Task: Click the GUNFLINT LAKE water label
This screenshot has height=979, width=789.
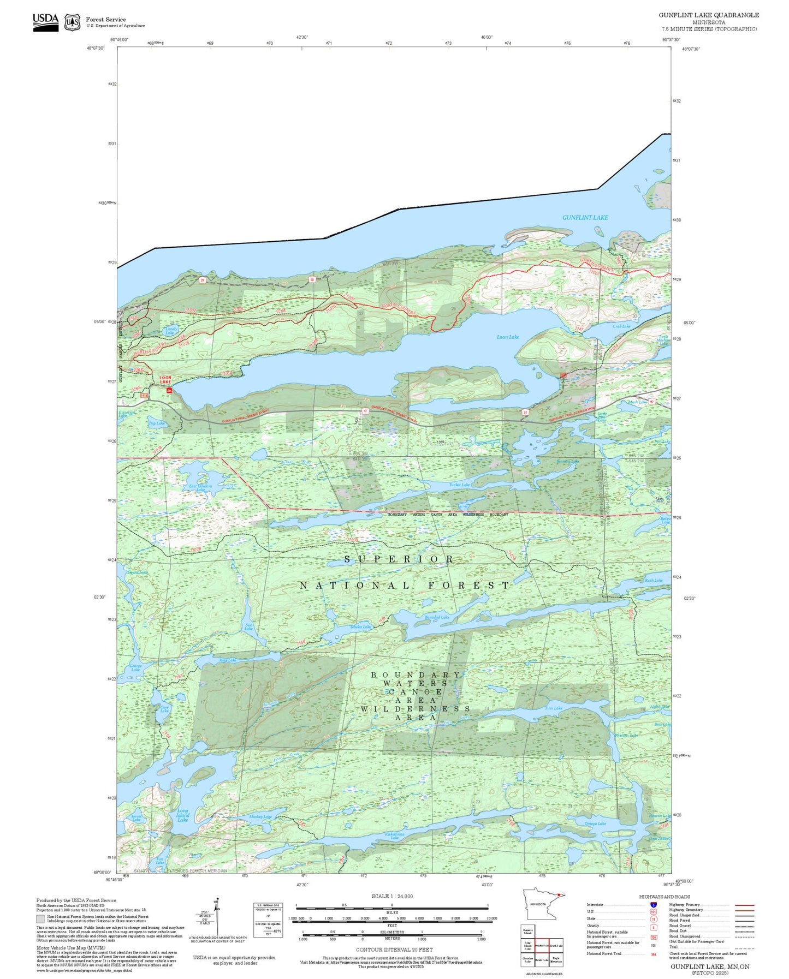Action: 585,217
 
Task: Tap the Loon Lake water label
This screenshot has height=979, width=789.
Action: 508,337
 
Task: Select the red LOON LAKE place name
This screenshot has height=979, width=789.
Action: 165,380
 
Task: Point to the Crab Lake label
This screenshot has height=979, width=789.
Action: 621,326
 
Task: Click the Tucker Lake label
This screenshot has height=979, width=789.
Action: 459,485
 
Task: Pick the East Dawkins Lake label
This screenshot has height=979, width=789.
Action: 200,488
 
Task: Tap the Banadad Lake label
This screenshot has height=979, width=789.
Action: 437,617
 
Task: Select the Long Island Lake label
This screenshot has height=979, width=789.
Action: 182,815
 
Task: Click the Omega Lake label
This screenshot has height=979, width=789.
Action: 595,823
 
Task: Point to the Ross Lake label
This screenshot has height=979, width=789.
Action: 228,660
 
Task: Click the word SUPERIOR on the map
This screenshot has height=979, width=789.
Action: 399,559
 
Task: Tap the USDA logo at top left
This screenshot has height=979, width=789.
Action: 45,22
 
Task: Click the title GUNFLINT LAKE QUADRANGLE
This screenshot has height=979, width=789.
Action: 708,15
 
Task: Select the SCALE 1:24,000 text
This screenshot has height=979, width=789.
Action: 392,896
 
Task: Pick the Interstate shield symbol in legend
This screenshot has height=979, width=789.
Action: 653,905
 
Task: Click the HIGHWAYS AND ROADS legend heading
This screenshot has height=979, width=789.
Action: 664,897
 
